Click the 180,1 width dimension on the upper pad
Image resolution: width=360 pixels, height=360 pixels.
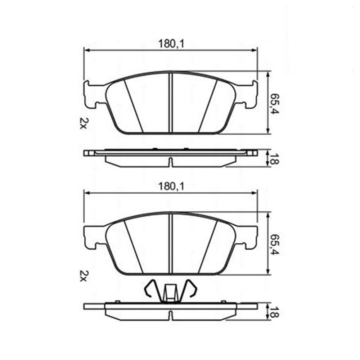(x=171, y=44)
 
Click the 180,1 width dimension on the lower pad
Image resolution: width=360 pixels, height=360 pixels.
(x=171, y=186)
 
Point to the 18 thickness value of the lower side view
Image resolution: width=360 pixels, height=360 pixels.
(x=275, y=311)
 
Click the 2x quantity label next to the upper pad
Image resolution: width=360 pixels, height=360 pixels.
(x=83, y=123)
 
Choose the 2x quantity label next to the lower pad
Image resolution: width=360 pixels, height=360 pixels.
(x=83, y=276)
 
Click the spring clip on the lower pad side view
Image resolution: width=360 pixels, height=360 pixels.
(x=170, y=291)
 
